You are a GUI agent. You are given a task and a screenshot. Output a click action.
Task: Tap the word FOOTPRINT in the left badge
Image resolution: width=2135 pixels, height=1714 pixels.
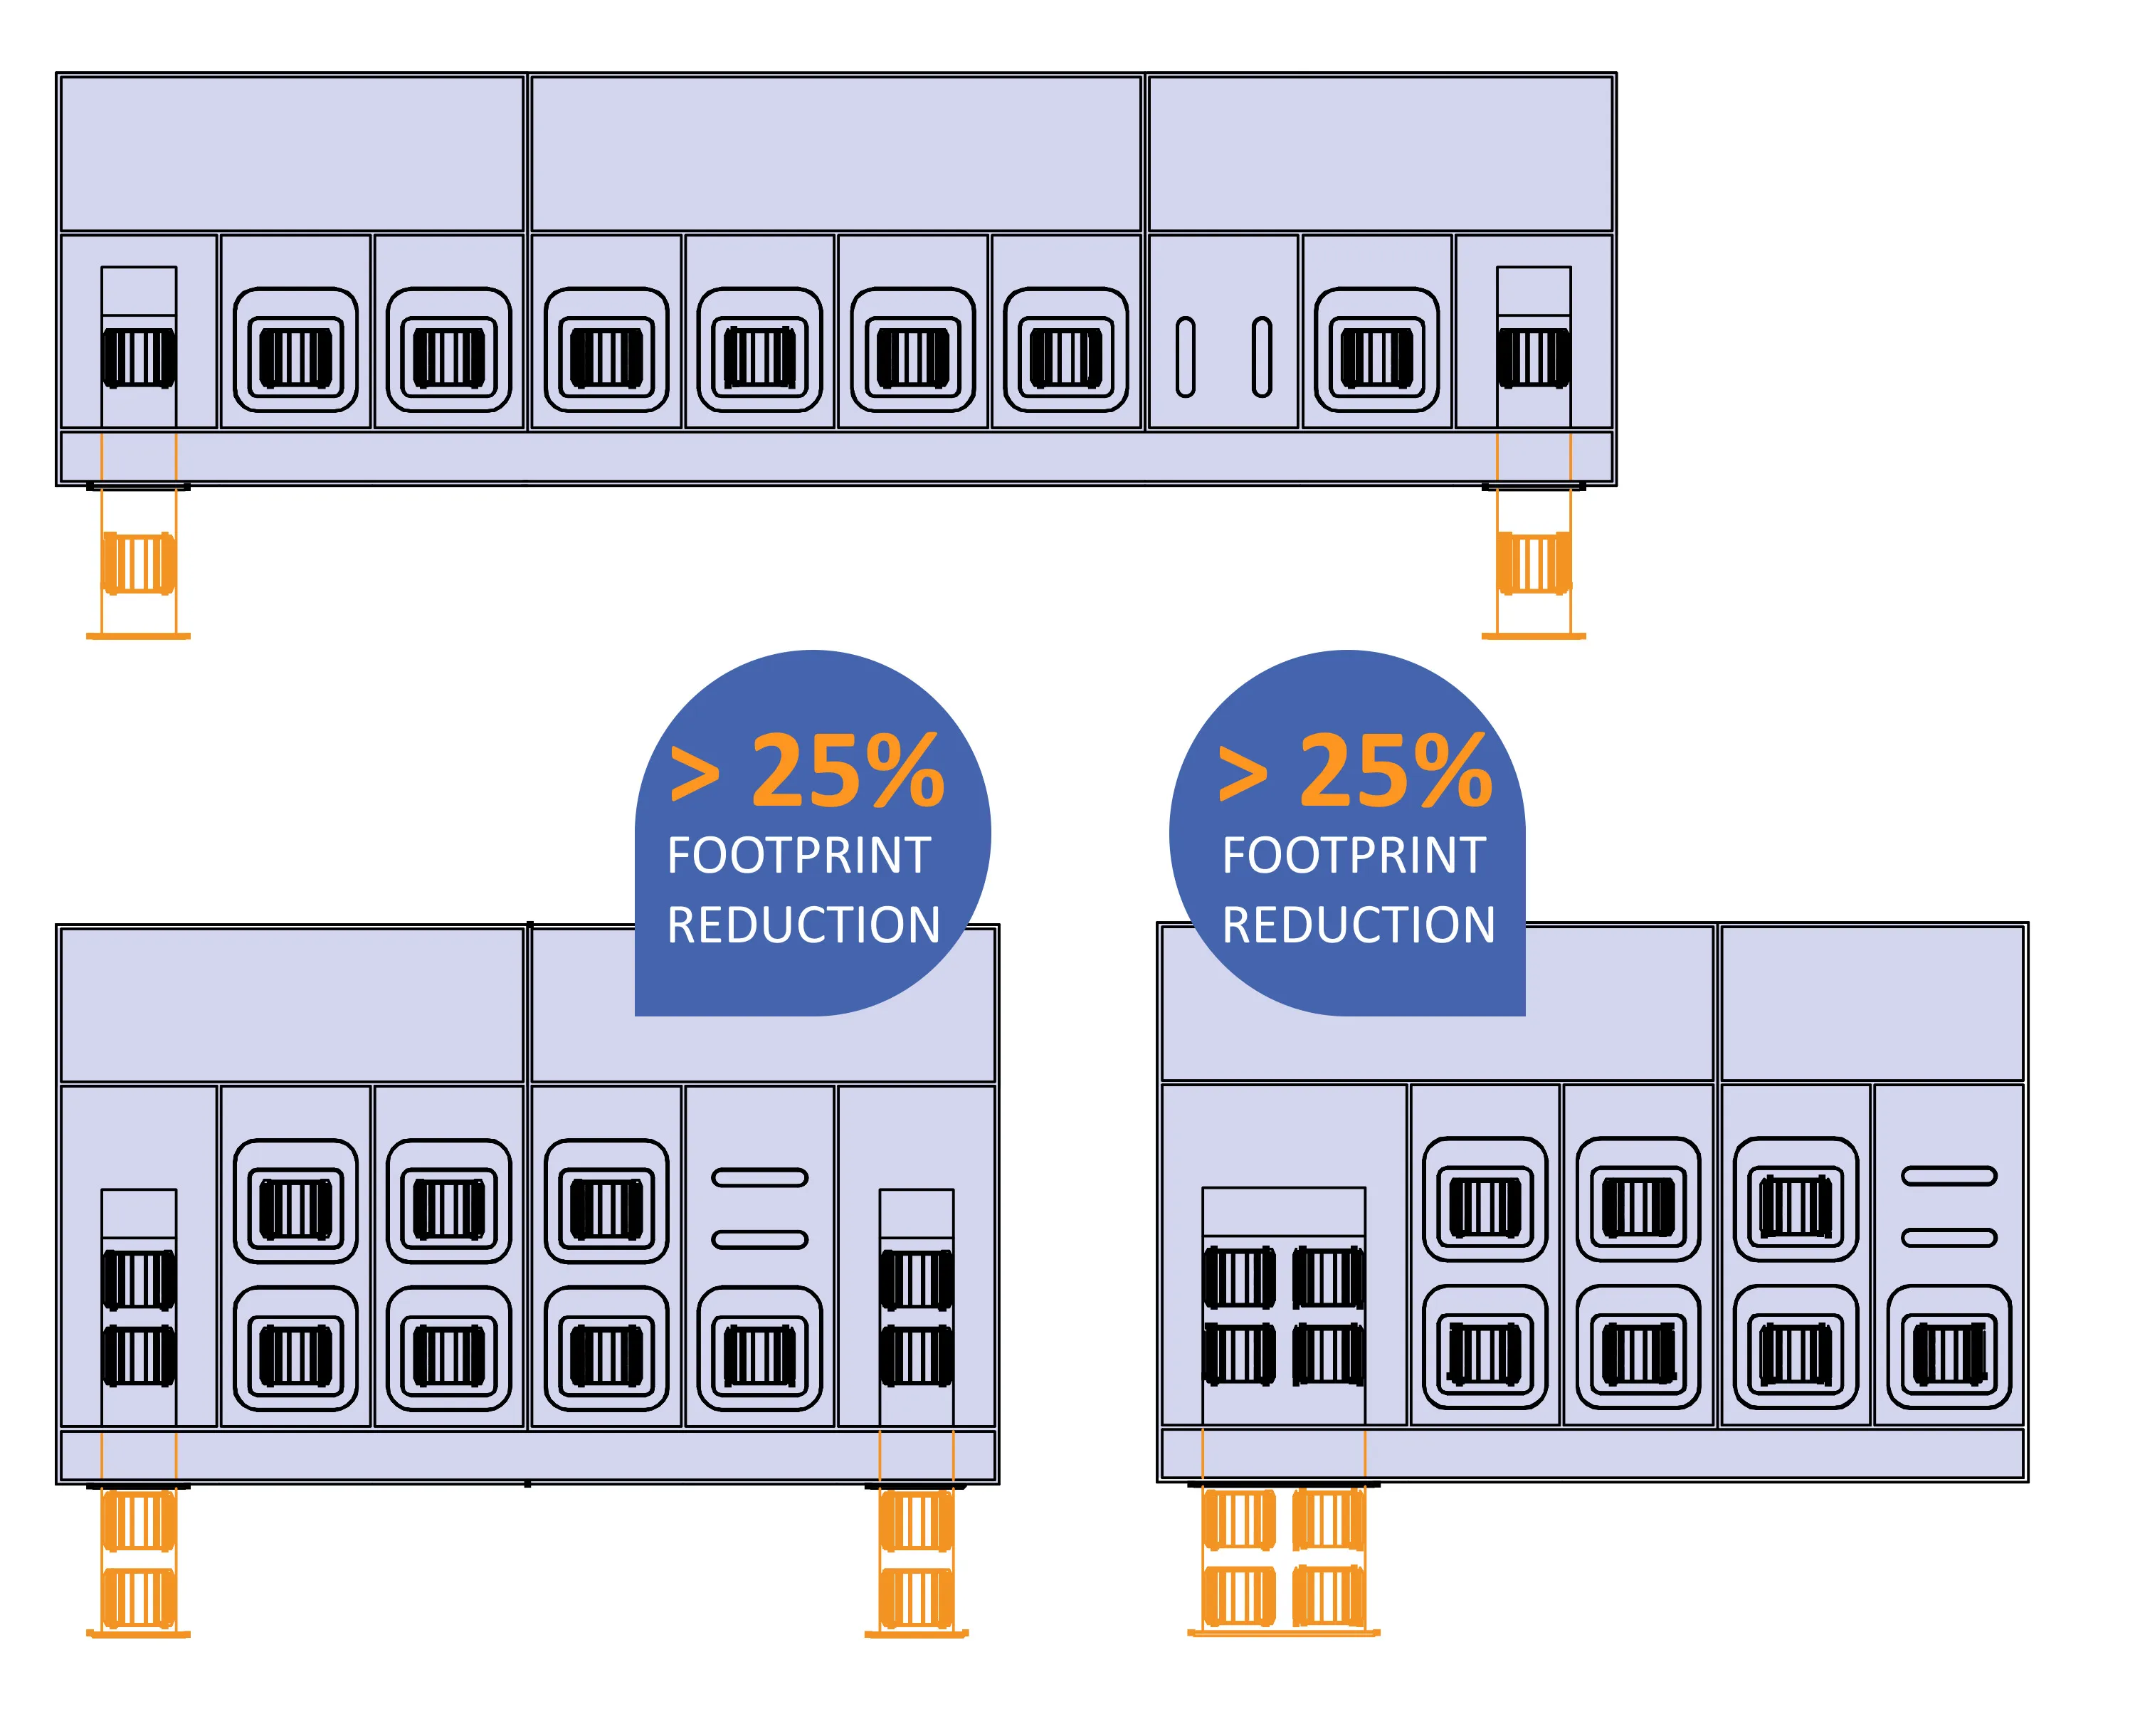point(798,856)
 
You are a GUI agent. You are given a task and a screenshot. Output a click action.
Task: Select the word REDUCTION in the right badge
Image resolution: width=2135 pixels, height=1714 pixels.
point(1358,925)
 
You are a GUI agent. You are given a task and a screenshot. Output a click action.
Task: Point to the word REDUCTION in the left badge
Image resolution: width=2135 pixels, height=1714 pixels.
point(803,925)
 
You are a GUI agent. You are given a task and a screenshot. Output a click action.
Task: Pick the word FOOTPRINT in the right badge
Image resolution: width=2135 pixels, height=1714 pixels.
point(1354,856)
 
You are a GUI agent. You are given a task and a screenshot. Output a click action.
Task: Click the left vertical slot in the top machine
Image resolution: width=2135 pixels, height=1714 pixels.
point(1186,357)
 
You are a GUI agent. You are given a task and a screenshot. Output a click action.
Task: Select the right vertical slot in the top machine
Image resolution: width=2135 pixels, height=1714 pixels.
point(1262,357)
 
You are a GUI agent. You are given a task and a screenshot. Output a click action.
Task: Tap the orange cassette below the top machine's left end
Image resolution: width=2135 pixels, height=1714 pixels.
point(139,562)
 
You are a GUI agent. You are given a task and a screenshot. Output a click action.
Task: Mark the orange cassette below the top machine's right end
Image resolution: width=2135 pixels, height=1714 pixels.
point(1533,562)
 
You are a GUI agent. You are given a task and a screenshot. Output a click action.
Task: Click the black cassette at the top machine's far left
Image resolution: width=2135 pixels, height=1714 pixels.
point(139,357)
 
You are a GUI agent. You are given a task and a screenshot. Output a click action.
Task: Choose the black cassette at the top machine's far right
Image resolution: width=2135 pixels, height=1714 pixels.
point(1533,357)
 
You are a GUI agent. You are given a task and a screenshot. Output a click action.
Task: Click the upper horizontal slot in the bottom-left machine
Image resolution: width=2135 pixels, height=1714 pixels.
point(759,1177)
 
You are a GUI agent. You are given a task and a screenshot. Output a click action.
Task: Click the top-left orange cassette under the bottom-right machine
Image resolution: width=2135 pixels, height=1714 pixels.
point(1239,1520)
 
